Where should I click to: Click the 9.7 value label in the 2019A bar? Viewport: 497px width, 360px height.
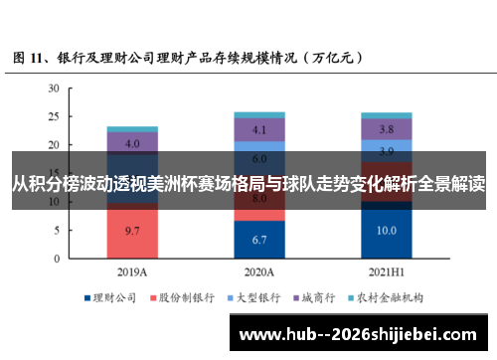click(131, 231)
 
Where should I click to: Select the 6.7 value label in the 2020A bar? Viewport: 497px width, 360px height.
click(259, 240)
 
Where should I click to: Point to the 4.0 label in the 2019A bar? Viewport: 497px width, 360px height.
click(131, 144)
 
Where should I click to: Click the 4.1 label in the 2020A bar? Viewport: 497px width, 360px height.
click(259, 130)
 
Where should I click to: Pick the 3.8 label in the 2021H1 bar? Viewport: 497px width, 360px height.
click(387, 130)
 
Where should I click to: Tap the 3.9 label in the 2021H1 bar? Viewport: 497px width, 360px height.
click(387, 151)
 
